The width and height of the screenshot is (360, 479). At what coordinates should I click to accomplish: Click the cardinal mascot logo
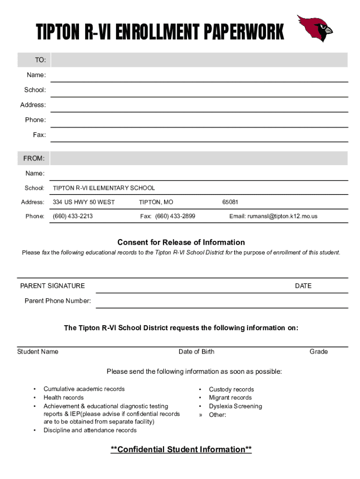point(315,28)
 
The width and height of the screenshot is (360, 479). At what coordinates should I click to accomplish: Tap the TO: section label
point(40,60)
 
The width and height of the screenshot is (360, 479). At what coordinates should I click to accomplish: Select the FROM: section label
point(34,159)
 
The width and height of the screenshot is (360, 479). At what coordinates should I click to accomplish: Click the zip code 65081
point(230,202)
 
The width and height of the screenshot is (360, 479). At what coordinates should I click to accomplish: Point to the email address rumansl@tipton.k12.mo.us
point(273,216)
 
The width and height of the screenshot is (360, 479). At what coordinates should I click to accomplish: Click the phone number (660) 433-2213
point(72,216)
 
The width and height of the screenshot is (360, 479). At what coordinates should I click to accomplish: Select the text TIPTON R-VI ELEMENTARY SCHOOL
point(104,188)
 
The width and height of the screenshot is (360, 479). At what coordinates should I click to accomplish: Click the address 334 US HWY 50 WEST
point(84,202)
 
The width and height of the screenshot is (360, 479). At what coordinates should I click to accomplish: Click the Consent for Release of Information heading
point(181,242)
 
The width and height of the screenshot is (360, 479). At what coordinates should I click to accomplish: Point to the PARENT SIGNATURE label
point(52,286)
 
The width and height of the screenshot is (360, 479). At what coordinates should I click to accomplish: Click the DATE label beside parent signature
point(303,286)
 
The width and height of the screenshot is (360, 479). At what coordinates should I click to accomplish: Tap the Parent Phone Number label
point(58,301)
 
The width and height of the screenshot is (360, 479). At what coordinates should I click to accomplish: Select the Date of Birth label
point(196,352)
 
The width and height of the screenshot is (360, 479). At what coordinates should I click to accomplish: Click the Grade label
point(318,352)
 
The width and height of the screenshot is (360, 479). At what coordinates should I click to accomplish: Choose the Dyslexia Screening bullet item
point(235,406)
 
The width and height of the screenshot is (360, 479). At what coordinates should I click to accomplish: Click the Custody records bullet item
point(231,389)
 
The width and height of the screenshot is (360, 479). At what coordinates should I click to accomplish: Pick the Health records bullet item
point(64,398)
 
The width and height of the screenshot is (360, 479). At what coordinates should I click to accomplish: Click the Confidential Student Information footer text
point(181,450)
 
